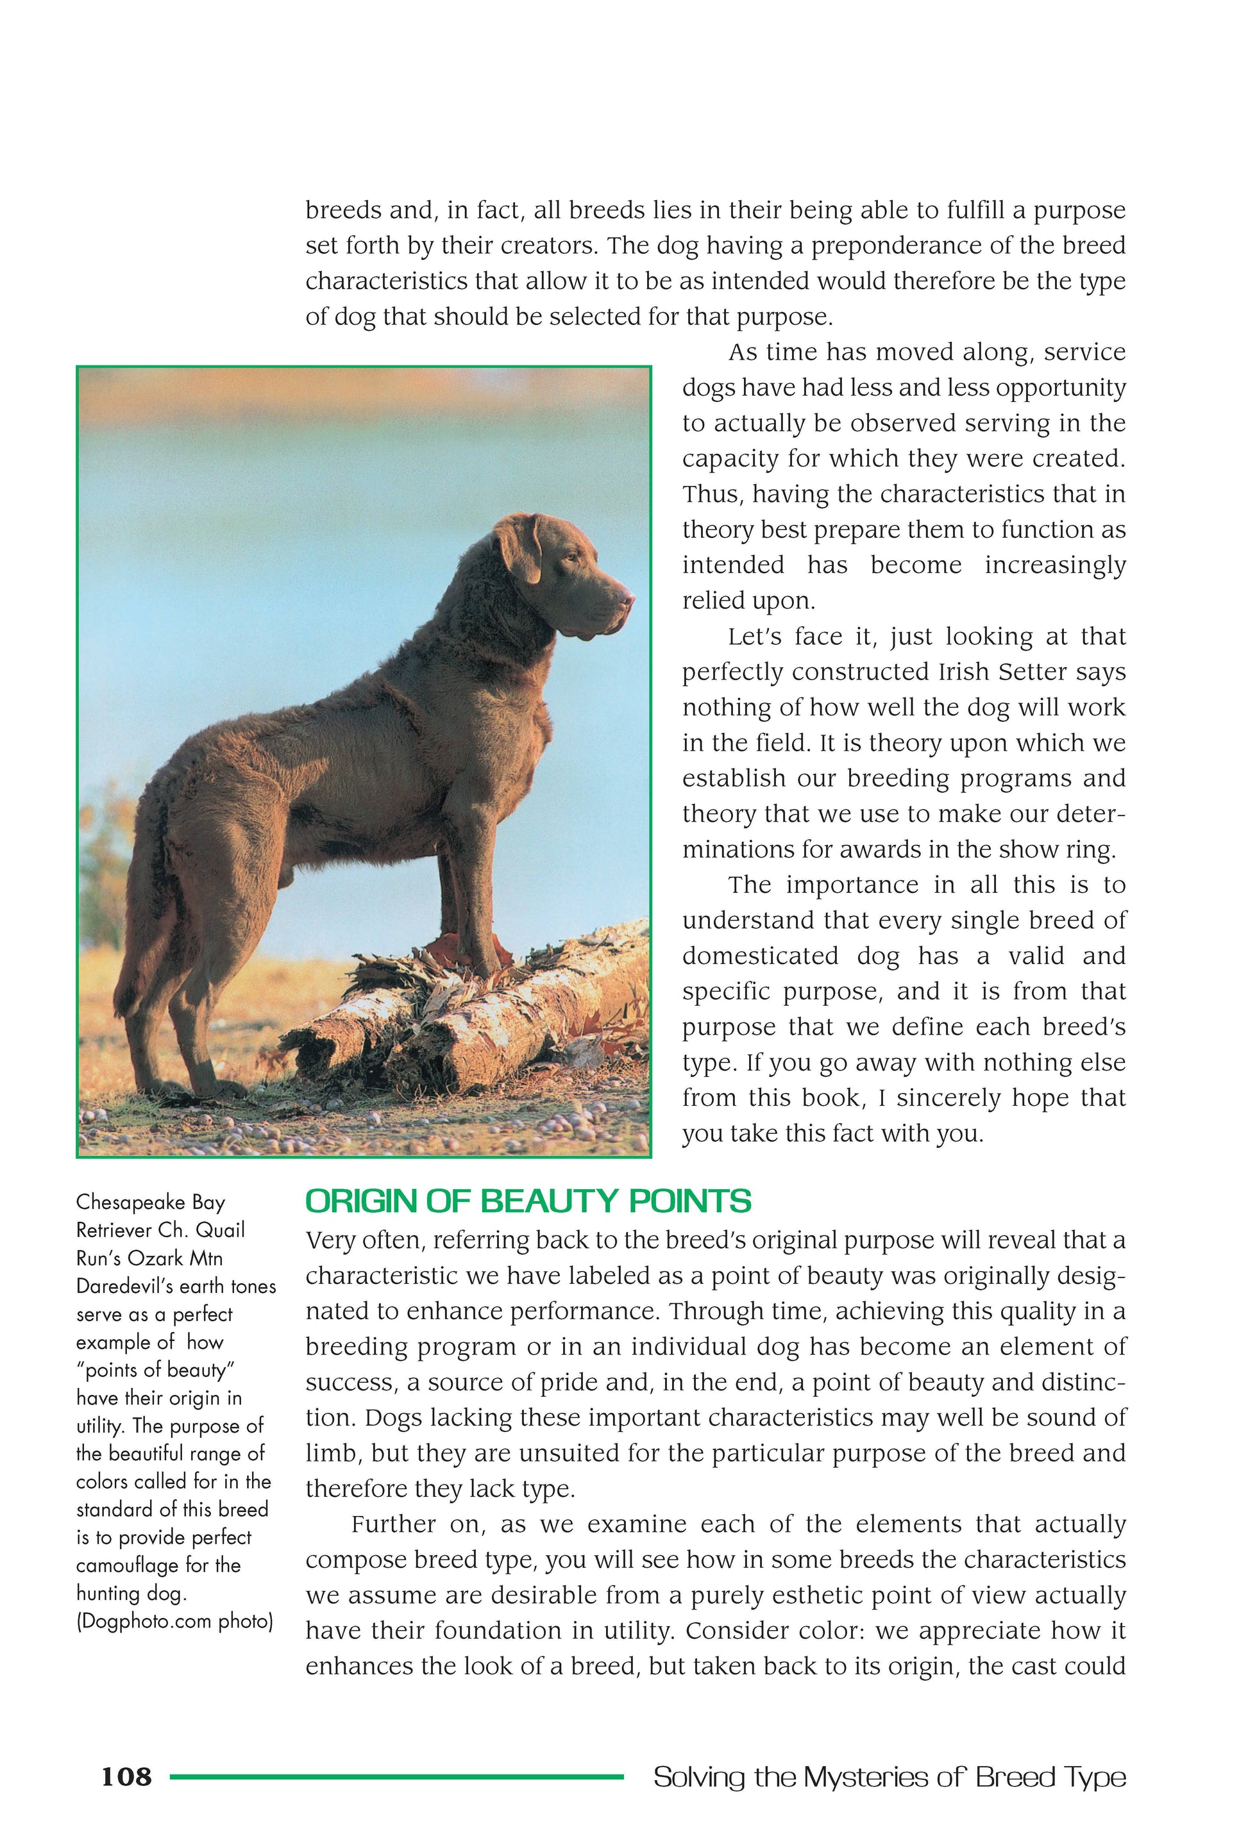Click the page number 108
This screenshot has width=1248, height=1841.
pos(126,1777)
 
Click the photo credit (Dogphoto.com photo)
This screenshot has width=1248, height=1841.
pos(174,1622)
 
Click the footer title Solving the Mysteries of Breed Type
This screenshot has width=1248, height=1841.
pos(889,1777)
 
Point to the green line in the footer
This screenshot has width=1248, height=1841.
pos(396,1777)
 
